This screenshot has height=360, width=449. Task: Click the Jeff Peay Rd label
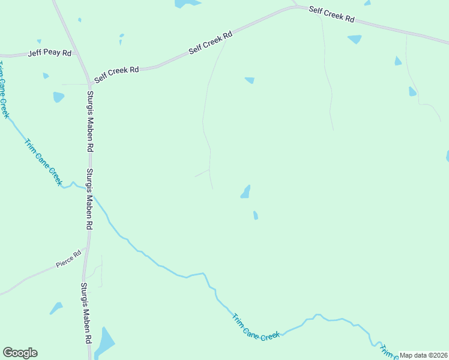[x=50, y=53]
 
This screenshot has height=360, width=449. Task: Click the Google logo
[x=20, y=353]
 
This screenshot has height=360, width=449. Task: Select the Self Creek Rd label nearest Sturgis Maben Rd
[x=116, y=70]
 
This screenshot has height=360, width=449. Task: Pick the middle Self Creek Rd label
[x=211, y=44]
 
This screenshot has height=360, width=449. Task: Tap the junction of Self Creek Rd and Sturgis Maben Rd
[x=92, y=83]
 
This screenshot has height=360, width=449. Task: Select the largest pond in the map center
[x=246, y=192]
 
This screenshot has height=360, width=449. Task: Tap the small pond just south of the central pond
[x=256, y=215]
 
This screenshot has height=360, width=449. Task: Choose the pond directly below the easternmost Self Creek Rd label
[x=355, y=39]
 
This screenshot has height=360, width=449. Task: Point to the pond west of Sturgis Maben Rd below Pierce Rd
[x=56, y=308]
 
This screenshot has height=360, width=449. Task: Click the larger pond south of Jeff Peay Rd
[x=58, y=97]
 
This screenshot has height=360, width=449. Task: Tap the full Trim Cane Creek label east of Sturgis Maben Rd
[x=256, y=328]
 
